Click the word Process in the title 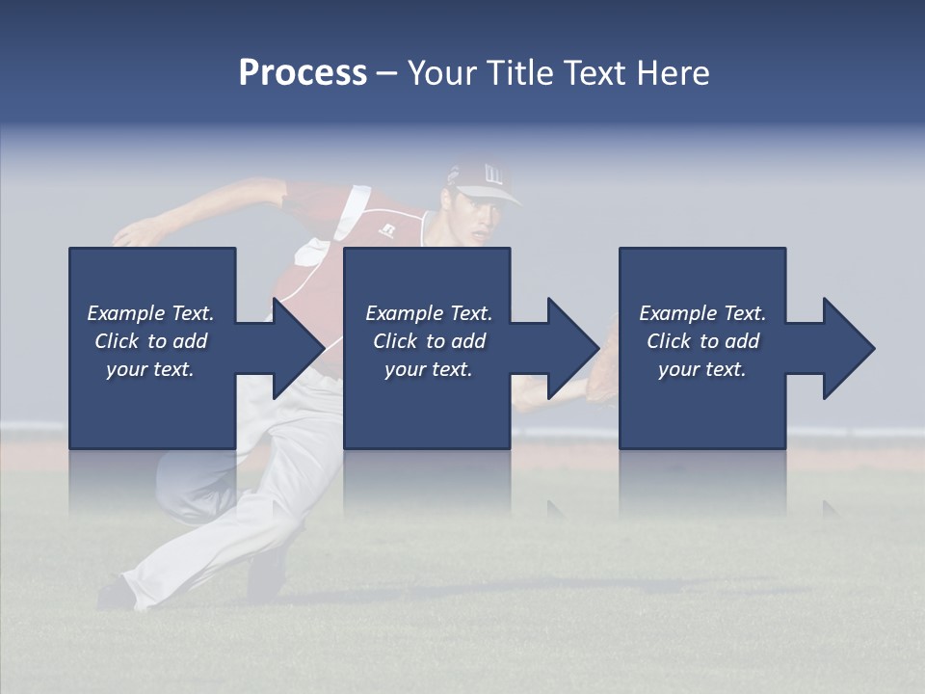click(303, 73)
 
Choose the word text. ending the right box click(725, 369)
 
